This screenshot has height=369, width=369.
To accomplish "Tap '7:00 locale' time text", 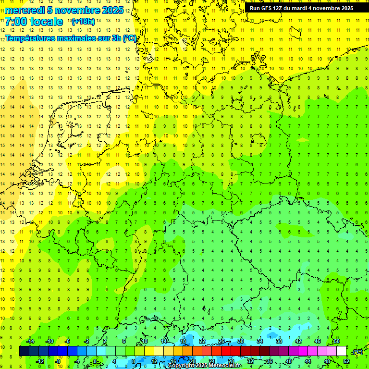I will coord(34,22).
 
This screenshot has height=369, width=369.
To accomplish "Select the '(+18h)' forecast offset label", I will coord(83,22).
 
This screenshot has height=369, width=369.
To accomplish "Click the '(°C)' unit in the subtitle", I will coord(130,38).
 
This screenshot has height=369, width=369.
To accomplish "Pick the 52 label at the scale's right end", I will coord(346,361).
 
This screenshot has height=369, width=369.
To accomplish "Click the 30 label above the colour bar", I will coord(241,341).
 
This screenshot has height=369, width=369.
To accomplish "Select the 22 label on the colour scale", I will coord(202,341).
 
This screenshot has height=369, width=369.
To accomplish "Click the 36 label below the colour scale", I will coord(270,361).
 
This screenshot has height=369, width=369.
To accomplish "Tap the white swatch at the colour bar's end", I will coord(341,351).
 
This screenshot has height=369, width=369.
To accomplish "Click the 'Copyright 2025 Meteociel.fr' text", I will coord(204,366).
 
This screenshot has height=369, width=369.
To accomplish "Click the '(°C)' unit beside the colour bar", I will coord(357,352).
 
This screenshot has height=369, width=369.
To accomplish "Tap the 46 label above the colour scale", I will coord(318,341).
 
